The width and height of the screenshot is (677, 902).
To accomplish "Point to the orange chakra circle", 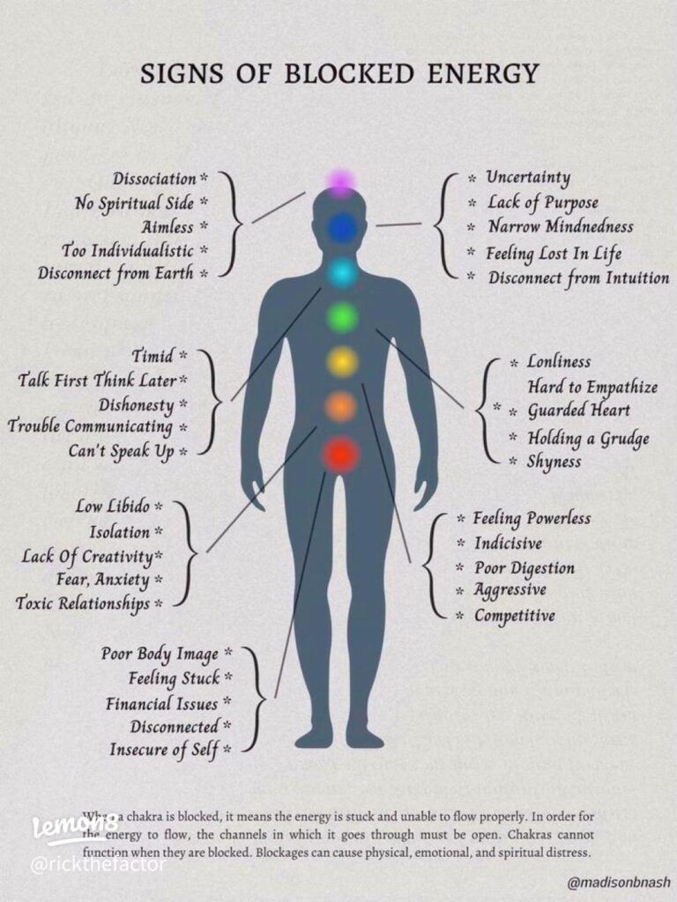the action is click(x=341, y=407).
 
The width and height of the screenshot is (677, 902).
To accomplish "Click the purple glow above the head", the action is click(x=341, y=181).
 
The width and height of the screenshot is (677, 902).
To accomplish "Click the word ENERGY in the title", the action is click(x=482, y=74).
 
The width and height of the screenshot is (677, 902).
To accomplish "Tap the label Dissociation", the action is click(x=154, y=178).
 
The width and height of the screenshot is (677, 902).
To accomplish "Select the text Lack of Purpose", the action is click(x=543, y=203).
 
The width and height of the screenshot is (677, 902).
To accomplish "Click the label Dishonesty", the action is click(x=137, y=405).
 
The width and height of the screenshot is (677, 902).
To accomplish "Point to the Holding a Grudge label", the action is click(x=588, y=439).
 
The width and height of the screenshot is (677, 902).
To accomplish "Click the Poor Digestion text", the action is click(x=524, y=568).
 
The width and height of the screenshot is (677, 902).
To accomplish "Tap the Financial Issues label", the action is click(x=162, y=704).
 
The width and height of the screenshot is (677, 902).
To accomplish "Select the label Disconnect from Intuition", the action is click(x=578, y=277).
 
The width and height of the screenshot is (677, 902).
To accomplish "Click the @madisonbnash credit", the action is click(x=619, y=882).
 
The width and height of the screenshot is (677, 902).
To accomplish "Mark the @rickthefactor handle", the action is click(x=97, y=863).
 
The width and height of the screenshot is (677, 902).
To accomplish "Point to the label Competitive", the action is click(x=515, y=616).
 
